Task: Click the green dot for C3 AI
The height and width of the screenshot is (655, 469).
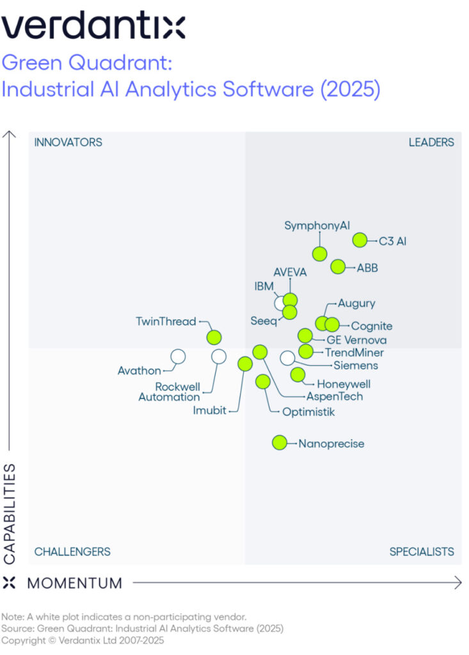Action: (x=360, y=241)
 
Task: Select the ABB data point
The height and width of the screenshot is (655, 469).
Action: (x=338, y=267)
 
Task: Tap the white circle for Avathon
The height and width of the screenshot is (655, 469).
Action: (x=178, y=356)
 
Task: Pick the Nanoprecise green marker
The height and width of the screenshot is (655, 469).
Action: (x=280, y=443)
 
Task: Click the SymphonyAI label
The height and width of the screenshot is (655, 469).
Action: (x=317, y=226)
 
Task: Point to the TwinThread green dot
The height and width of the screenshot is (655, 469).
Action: (x=214, y=337)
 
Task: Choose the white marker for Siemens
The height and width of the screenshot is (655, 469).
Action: (x=288, y=358)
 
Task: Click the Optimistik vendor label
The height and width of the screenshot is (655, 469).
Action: (x=308, y=411)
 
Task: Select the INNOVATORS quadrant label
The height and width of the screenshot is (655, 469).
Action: (x=68, y=142)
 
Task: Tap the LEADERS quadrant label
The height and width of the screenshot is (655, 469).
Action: (x=431, y=142)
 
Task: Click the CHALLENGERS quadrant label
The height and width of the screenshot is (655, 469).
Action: (x=72, y=551)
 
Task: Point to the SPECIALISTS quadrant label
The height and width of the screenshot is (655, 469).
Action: (x=422, y=551)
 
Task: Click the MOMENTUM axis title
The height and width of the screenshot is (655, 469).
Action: (x=74, y=583)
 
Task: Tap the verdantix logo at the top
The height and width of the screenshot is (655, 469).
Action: (x=93, y=27)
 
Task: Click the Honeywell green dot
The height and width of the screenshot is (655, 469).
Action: (x=298, y=375)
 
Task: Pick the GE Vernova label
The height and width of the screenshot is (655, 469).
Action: (x=356, y=340)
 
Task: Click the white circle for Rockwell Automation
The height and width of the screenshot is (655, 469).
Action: (x=219, y=356)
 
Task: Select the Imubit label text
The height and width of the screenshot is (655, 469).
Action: (x=210, y=411)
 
